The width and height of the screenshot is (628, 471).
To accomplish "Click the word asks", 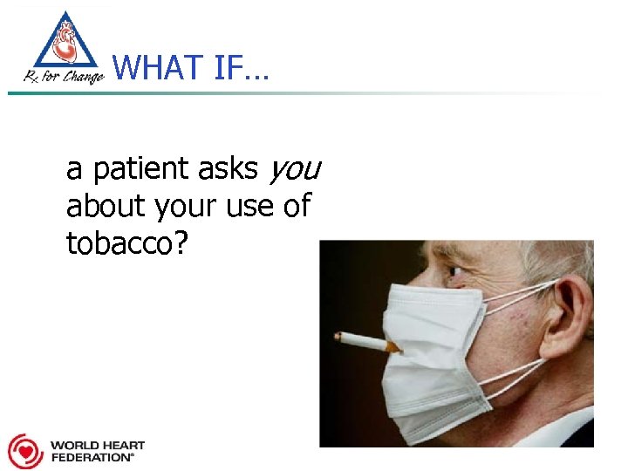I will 229,169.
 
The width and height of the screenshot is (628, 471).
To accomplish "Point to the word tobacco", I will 119,243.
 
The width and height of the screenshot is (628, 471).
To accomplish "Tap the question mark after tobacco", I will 181,243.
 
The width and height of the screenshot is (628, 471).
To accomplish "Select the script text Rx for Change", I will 64,77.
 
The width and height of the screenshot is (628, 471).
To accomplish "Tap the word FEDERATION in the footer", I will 92,457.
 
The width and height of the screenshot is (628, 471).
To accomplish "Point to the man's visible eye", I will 454,272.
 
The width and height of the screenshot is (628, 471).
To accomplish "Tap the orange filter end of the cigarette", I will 392,347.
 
